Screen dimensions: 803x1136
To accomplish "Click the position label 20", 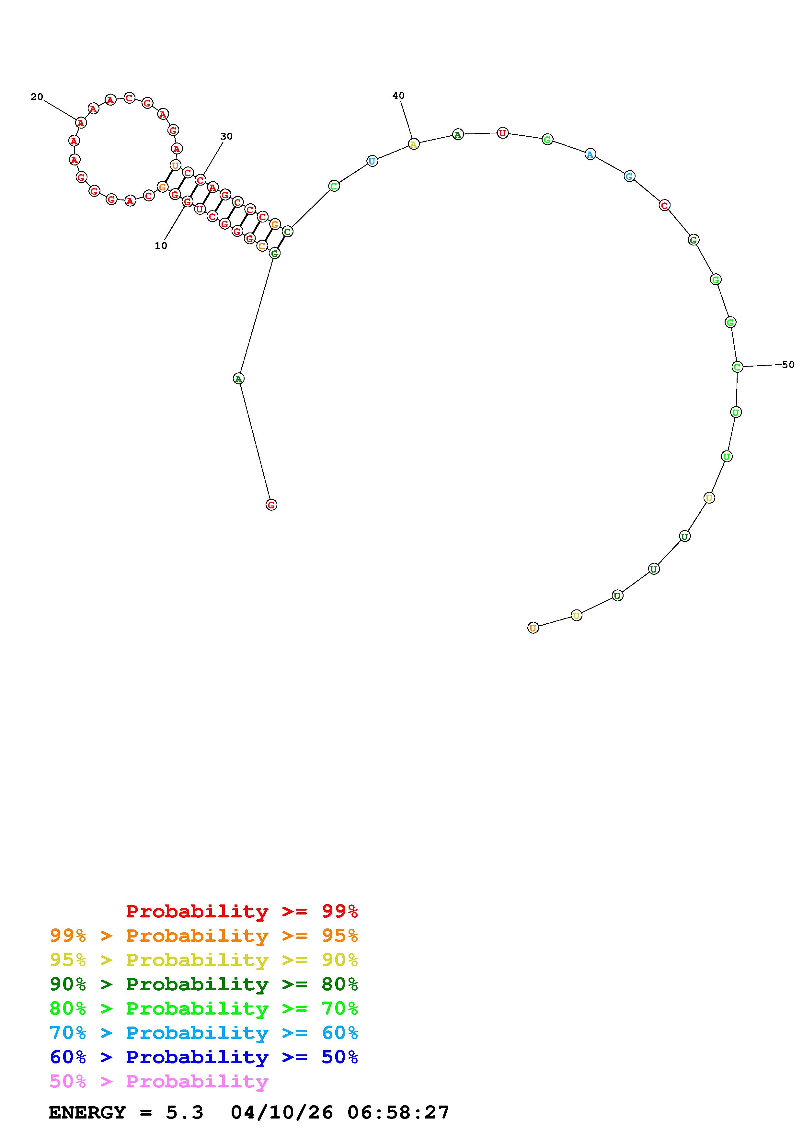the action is coord(37,97).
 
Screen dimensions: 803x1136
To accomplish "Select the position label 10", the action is coord(161,245).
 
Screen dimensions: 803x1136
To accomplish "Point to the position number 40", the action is coord(398,96).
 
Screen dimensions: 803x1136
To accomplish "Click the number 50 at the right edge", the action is coord(788,365).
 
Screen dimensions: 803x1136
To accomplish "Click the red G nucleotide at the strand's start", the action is coord(271,505).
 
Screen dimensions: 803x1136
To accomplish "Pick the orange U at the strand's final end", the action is coord(533,628).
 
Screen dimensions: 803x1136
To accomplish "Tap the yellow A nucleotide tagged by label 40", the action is coord(414,144).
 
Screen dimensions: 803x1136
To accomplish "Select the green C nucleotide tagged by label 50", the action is coord(737,367).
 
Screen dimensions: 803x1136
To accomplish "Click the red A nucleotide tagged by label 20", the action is coord(81,122).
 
